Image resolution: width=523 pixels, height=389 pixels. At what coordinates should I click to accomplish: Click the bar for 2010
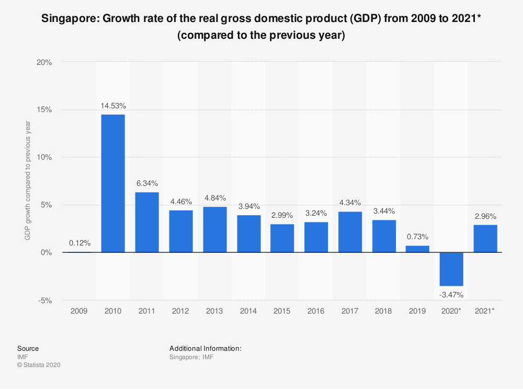(x=113, y=183)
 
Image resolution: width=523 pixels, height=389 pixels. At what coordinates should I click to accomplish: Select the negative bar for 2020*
(x=451, y=269)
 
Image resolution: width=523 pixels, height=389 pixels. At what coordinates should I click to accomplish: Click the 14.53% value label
(x=113, y=106)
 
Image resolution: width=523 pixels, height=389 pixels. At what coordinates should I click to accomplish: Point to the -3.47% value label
(x=451, y=295)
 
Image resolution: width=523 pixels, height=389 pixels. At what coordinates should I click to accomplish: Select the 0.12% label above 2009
(x=79, y=243)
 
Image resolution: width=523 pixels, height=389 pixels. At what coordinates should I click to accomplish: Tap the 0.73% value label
(x=417, y=237)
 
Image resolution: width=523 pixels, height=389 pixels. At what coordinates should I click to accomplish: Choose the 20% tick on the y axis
(x=44, y=62)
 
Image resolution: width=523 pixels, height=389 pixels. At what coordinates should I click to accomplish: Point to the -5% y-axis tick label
(x=46, y=301)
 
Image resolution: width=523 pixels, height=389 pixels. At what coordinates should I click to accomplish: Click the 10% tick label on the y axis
(x=44, y=157)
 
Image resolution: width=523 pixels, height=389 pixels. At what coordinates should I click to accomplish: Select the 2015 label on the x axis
(x=282, y=311)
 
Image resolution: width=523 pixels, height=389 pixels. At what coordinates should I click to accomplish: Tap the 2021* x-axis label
(x=485, y=311)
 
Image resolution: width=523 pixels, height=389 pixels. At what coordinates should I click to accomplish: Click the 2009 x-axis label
(x=79, y=311)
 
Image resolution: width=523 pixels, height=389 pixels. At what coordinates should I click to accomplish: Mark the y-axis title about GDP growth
(x=28, y=181)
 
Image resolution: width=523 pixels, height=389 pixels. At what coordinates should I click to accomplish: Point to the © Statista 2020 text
(x=39, y=365)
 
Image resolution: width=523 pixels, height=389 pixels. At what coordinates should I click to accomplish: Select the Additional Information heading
(x=205, y=348)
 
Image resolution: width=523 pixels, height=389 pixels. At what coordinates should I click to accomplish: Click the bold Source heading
(x=28, y=348)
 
